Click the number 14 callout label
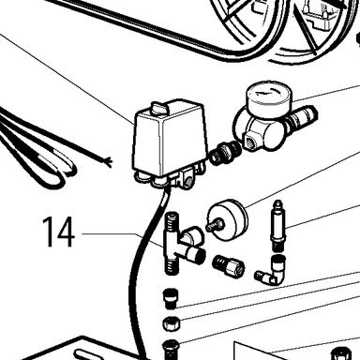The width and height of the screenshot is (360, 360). pyautogui.click(x=59, y=232)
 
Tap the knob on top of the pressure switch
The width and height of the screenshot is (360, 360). pyautogui.click(x=158, y=108)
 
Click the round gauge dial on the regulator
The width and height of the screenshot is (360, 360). pyautogui.click(x=269, y=96)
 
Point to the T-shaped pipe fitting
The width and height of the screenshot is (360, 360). pyautogui.click(x=181, y=244)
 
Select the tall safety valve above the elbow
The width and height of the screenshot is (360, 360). pyautogui.click(x=278, y=225)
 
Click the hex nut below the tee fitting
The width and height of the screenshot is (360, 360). pyautogui.click(x=171, y=323)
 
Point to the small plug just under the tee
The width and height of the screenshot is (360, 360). pyautogui.click(x=171, y=299)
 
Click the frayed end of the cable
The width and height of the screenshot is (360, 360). pyautogui.click(x=108, y=161)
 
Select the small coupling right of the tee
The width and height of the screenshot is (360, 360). pyautogui.click(x=229, y=266)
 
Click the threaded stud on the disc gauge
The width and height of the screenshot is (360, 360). pyautogui.click(x=215, y=225)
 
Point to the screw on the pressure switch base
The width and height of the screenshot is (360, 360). pyautogui.click(x=187, y=183)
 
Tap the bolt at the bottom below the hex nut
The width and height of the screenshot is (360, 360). pyautogui.click(x=171, y=350)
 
